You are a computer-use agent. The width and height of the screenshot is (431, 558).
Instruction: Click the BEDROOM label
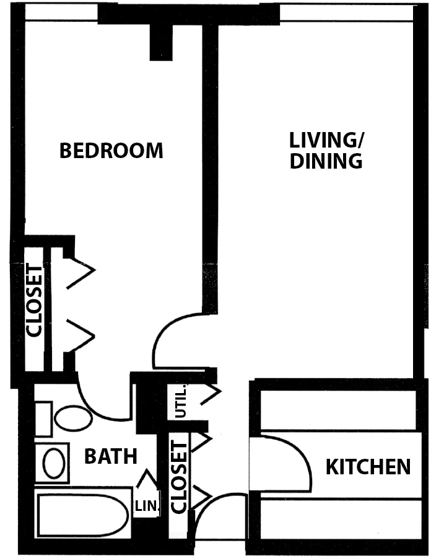(x=111, y=151)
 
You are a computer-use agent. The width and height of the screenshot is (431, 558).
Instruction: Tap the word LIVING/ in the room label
(x=326, y=140)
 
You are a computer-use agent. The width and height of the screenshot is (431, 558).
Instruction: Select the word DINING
(x=326, y=161)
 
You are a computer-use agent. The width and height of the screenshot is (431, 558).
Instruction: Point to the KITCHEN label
(x=368, y=467)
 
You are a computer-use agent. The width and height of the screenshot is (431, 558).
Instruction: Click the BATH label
(x=110, y=456)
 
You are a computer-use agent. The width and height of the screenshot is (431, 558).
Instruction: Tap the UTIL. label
(x=181, y=401)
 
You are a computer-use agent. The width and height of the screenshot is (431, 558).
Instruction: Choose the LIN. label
(x=146, y=506)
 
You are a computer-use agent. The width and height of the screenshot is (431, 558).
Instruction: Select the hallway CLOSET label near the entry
(x=179, y=477)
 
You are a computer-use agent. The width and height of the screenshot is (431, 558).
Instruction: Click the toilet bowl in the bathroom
(x=74, y=418)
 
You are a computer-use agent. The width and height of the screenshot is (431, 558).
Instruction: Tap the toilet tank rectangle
(x=43, y=419)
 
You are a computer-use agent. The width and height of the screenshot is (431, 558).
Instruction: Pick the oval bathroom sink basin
(x=54, y=463)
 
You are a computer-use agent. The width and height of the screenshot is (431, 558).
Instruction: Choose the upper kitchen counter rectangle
(x=338, y=410)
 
